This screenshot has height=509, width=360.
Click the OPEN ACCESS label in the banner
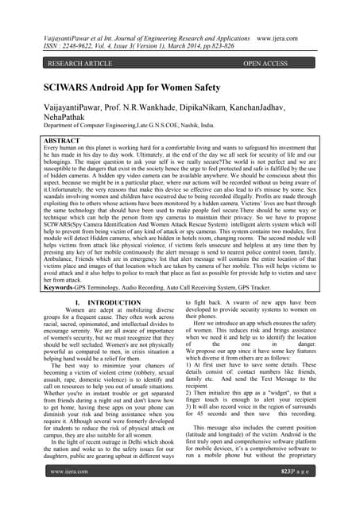click(276, 62)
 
